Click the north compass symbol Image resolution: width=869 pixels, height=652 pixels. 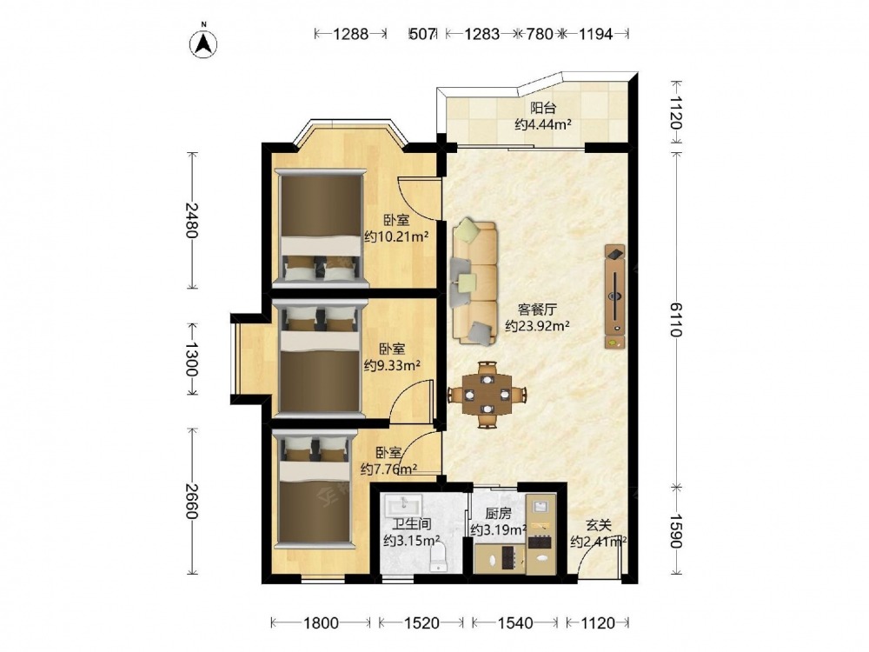[x=204, y=43]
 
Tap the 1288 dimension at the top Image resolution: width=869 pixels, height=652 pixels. [x=351, y=34]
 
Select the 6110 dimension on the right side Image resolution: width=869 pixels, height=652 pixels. [x=675, y=319]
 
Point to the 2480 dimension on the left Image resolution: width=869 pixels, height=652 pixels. [x=192, y=220]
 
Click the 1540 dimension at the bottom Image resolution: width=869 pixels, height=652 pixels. [x=515, y=623]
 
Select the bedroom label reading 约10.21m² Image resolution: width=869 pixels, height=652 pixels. [x=396, y=237]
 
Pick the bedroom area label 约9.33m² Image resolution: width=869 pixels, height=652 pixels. [x=392, y=365]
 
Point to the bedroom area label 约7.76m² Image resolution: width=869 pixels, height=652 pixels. [x=389, y=469]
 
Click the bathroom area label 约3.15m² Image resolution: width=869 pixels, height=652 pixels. [x=412, y=540]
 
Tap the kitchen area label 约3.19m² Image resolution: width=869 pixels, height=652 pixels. [x=498, y=530]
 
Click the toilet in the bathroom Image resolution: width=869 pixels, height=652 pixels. [x=438, y=557]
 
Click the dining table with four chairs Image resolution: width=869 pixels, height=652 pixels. [x=487, y=395]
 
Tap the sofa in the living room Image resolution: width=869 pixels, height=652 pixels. [x=474, y=281]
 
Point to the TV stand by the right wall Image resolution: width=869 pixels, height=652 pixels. [x=614, y=296]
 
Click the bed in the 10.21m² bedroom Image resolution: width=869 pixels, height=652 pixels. [x=322, y=228]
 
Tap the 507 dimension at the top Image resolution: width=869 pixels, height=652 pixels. [x=422, y=34]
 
